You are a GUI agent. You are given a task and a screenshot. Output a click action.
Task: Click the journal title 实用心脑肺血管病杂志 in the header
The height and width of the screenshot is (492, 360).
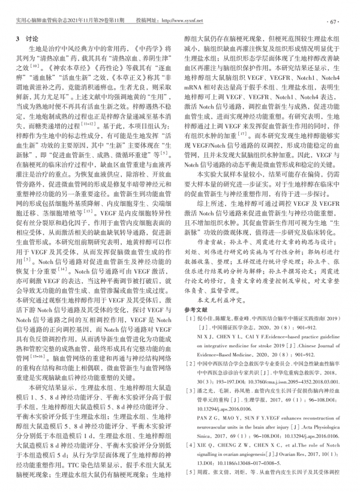42,11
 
